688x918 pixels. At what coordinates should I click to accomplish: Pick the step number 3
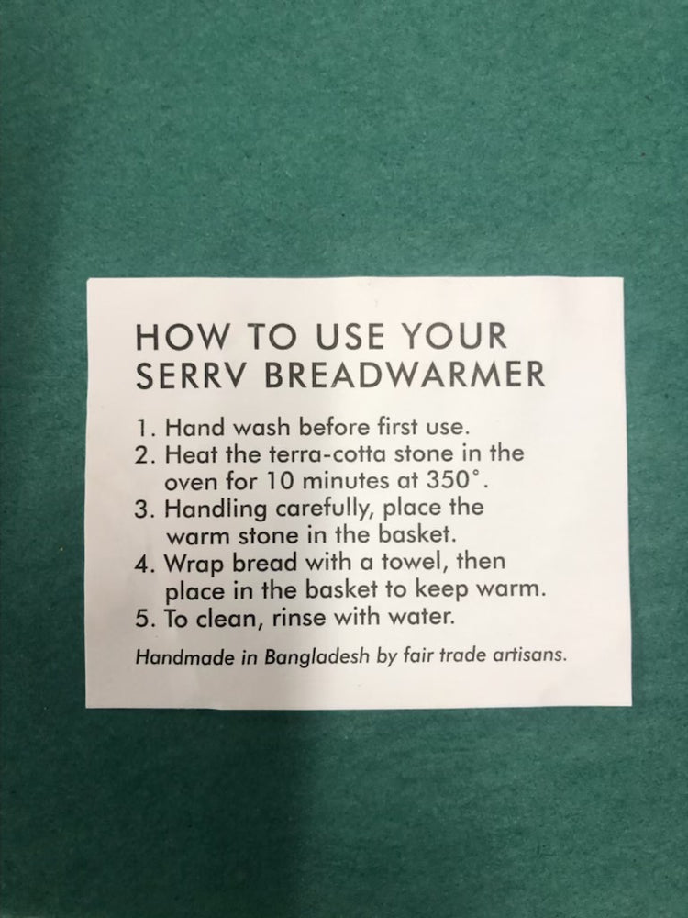pos(144,509)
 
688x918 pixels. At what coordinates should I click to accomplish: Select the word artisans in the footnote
pos(530,654)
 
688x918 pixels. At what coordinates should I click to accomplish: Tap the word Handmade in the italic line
pos(185,657)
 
